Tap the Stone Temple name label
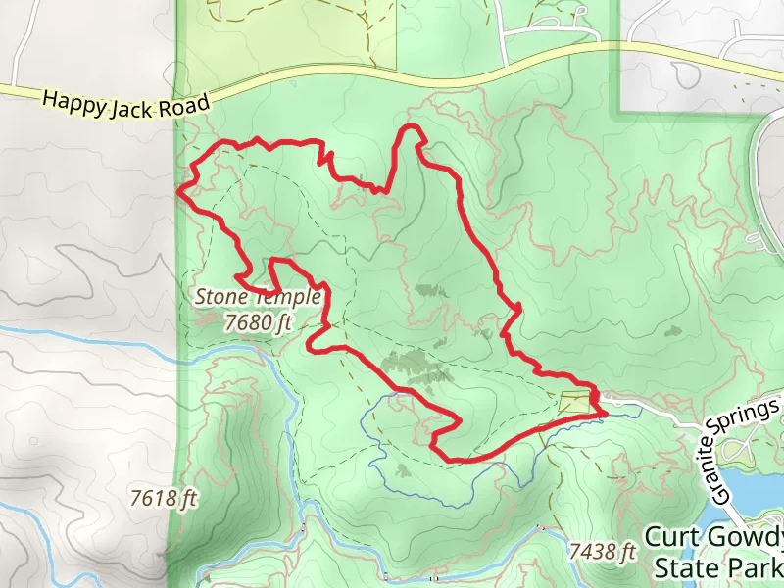pyautogui.click(x=258, y=296)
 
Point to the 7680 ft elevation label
pyautogui.click(x=259, y=320)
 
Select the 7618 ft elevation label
pyautogui.click(x=164, y=499)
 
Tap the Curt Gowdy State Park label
pyautogui.click(x=716, y=553)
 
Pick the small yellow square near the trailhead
pyautogui.click(x=575, y=402)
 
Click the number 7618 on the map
pyautogui.click(x=153, y=499)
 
